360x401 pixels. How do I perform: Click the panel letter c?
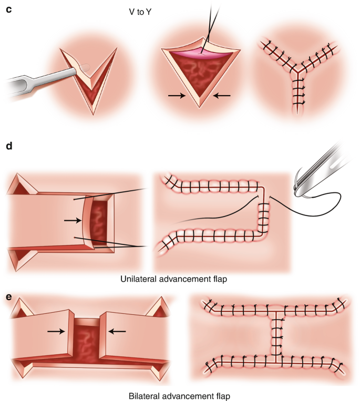(8, 9)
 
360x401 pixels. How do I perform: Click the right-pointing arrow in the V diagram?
(176, 96)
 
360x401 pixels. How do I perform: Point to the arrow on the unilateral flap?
(71, 221)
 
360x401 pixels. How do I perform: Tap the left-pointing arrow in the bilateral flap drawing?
(117, 332)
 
